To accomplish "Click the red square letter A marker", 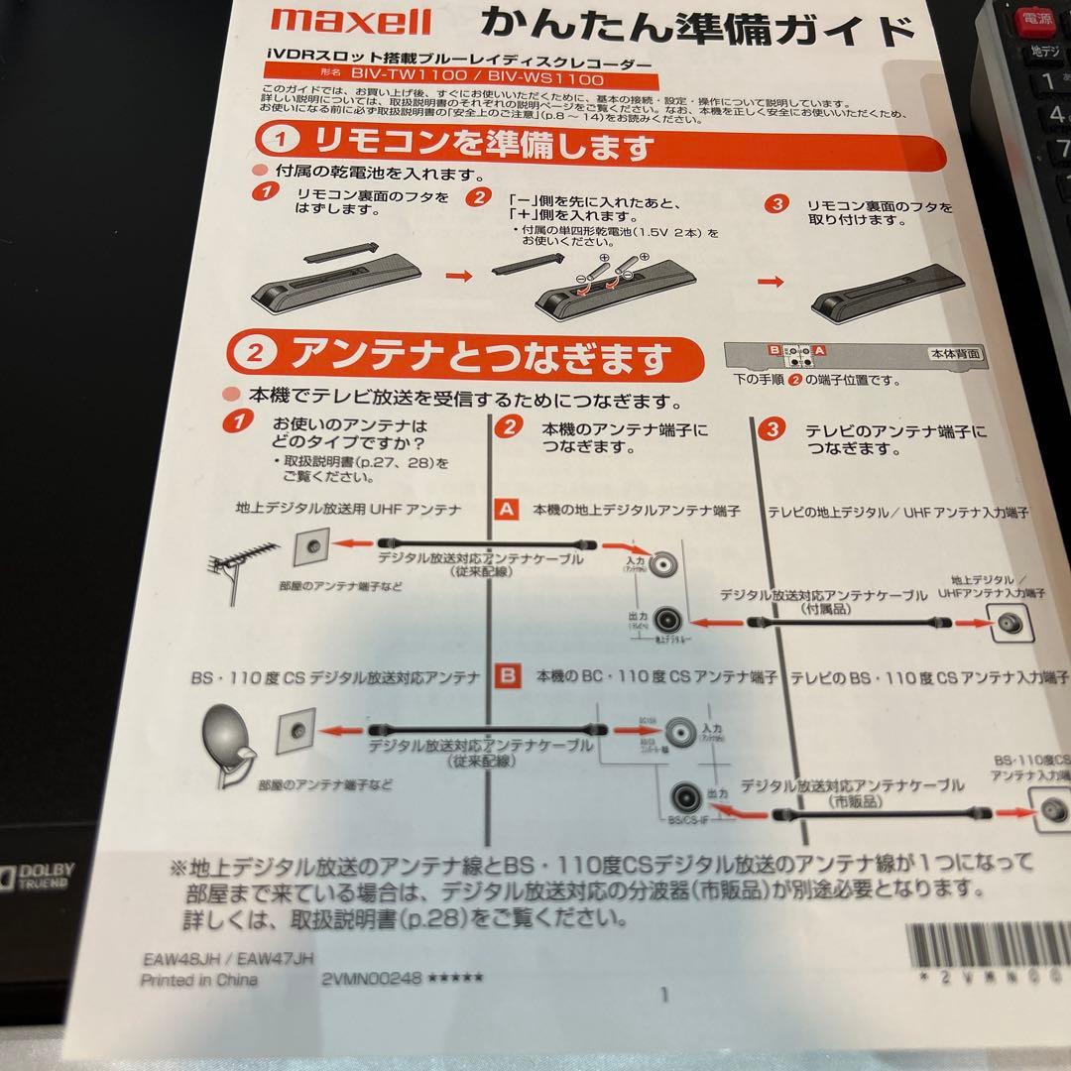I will click(x=506, y=510).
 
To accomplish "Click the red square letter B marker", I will click(x=507, y=677).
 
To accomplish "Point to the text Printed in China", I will click(x=198, y=980).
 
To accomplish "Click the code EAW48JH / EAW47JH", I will click(x=227, y=959).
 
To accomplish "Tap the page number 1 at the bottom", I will click(x=664, y=994).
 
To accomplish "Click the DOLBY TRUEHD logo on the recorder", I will click(x=40, y=876).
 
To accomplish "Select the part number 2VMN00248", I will click(x=373, y=978).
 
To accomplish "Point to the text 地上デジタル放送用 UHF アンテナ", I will click(x=348, y=509).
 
